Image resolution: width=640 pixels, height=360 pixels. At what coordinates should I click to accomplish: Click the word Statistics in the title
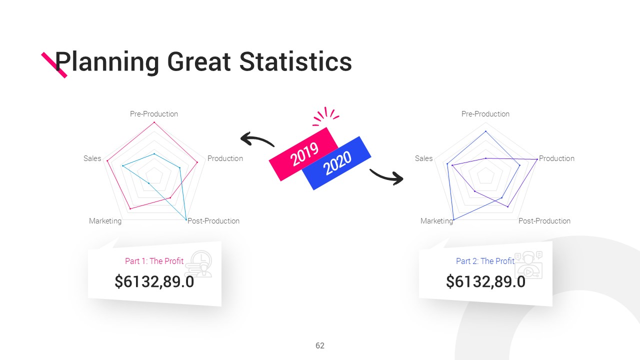[295, 61]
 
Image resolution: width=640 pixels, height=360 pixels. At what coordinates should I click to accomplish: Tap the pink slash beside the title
[54, 65]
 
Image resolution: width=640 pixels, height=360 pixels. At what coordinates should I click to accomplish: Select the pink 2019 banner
[303, 154]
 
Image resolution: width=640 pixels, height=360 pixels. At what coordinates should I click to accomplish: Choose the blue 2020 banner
[337, 163]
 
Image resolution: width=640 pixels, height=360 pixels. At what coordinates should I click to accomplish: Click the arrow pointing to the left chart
[256, 138]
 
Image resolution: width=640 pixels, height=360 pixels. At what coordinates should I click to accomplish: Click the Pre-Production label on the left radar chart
[154, 114]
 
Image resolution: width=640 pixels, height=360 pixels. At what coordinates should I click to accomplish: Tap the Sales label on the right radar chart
[423, 158]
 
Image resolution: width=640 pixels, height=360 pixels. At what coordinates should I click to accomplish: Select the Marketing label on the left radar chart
[105, 221]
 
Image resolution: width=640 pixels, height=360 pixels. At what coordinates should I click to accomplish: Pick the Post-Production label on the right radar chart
[544, 221]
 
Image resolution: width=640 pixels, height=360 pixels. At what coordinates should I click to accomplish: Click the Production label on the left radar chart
[225, 158]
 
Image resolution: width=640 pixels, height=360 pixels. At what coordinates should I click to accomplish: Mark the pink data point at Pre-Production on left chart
[154, 122]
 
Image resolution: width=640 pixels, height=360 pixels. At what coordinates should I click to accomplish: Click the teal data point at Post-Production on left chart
[186, 219]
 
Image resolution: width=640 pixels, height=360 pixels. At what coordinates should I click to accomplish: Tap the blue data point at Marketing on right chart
[453, 219]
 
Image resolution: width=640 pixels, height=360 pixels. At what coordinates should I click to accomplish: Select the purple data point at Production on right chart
[537, 159]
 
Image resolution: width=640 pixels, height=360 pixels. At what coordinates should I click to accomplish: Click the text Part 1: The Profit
[154, 261]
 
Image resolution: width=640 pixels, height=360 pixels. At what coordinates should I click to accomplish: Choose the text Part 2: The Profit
[485, 261]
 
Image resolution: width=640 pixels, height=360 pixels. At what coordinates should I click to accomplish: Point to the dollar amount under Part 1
[154, 281]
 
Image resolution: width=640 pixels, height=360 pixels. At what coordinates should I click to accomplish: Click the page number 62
[320, 345]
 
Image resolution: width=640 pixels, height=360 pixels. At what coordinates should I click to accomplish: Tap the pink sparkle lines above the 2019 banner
[325, 116]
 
